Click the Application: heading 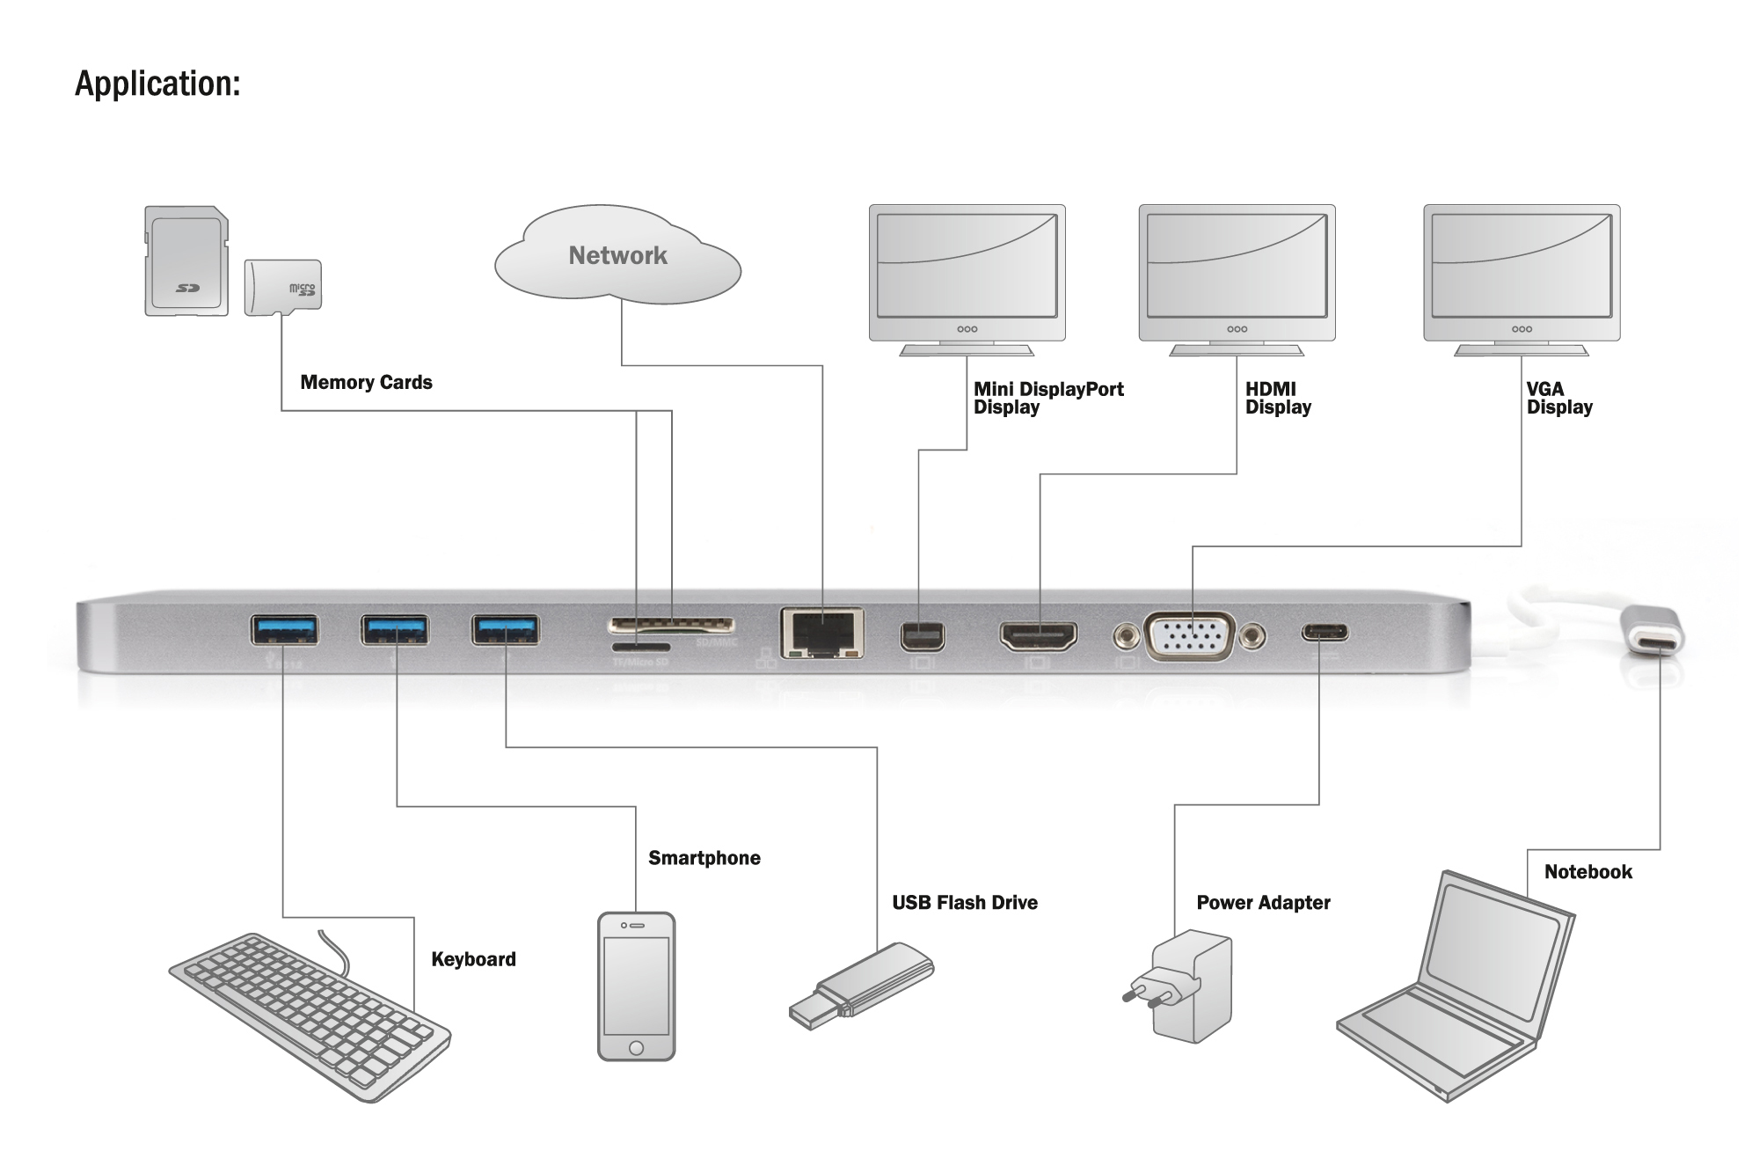point(157,84)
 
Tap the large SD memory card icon point(186,261)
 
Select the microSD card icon point(282,287)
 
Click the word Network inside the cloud point(617,255)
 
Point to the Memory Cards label point(366,382)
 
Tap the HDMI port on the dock point(1038,635)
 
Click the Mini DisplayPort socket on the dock point(922,636)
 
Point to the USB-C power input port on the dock point(1325,633)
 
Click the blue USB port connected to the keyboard point(284,629)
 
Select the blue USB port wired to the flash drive point(505,629)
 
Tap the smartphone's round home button point(636,1047)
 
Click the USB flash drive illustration point(862,986)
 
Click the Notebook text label point(1587,872)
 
